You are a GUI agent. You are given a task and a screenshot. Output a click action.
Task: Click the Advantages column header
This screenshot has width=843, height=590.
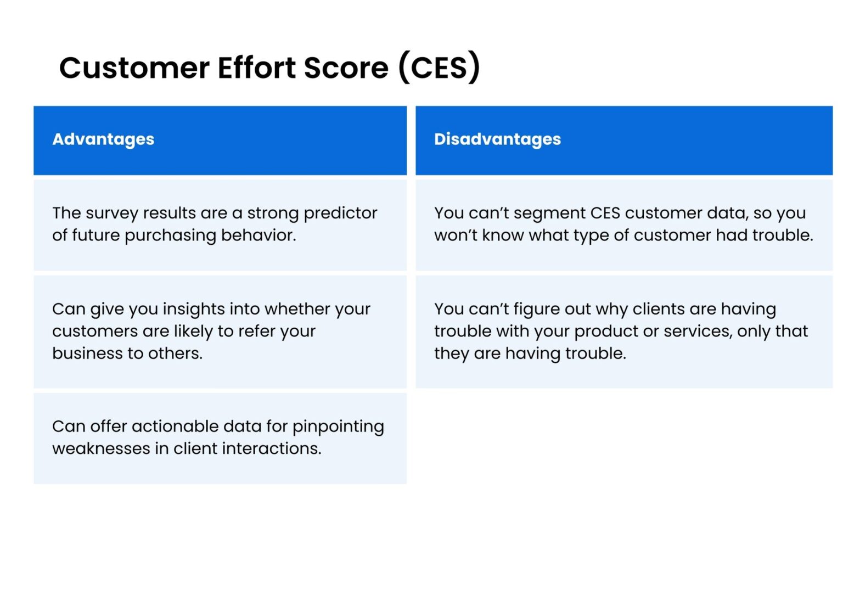(x=103, y=139)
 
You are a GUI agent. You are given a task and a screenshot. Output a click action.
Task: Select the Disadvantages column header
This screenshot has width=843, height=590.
(x=497, y=139)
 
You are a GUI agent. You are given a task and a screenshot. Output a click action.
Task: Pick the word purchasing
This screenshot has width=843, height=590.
(x=170, y=235)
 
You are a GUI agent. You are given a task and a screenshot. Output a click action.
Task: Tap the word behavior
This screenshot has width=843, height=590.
(x=258, y=235)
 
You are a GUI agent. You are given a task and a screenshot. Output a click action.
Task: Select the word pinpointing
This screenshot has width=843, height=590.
(x=338, y=427)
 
